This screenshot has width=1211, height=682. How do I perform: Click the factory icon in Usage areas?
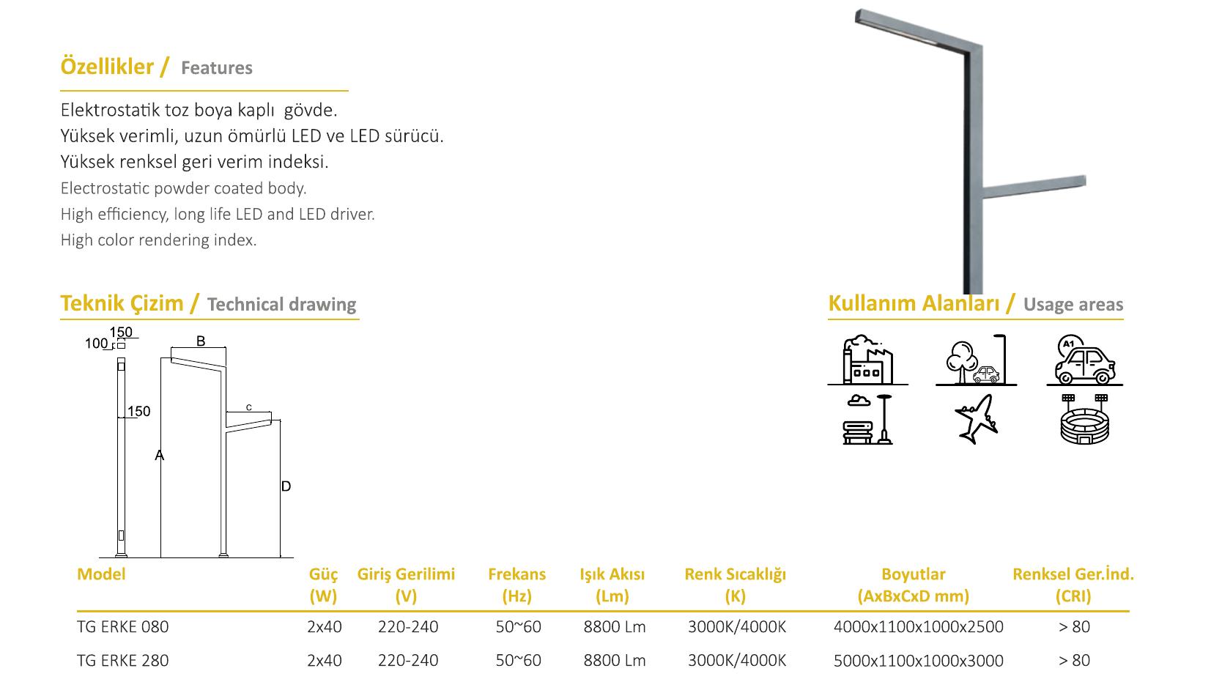click(x=867, y=360)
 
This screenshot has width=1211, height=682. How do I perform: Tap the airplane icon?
click(x=977, y=419)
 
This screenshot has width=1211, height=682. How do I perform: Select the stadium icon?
click(x=1084, y=419)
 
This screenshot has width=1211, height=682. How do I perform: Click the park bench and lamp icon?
click(x=867, y=419)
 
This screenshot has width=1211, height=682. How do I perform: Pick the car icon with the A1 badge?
click(x=1084, y=360)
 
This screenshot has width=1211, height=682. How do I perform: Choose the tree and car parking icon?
click(x=977, y=360)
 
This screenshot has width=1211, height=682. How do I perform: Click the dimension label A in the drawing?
click(x=159, y=456)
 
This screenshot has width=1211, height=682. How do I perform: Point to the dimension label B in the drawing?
click(x=201, y=341)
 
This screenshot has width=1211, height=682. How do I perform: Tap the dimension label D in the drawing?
click(x=286, y=486)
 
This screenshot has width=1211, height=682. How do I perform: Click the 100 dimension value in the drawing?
click(x=96, y=344)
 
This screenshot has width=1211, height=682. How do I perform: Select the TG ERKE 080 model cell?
click(x=123, y=627)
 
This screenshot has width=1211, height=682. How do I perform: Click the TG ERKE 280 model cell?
click(x=123, y=660)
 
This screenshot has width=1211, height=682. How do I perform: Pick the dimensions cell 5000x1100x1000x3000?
click(x=919, y=660)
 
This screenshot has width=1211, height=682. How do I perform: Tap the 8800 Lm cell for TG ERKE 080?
click(x=615, y=627)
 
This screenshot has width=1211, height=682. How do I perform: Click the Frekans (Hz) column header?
click(x=516, y=585)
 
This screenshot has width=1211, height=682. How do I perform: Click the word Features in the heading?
click(x=217, y=68)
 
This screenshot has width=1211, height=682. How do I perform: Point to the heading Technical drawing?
click(x=281, y=304)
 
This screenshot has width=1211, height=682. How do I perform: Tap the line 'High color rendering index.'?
click(x=158, y=240)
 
